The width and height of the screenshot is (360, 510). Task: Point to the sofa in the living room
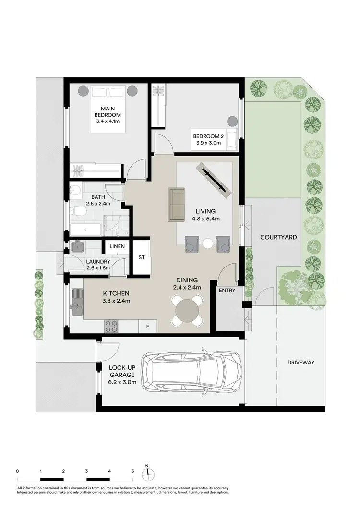pyautogui.click(x=177, y=205)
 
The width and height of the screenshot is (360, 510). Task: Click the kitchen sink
pyautogui.click(x=77, y=302)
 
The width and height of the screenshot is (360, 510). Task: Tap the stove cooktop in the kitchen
pyautogui.click(x=111, y=326)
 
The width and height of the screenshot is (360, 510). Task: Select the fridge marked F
pyautogui.click(x=147, y=327)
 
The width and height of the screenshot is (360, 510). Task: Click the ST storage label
pyautogui.click(x=142, y=257)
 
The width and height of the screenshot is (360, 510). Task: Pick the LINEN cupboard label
pyautogui.click(x=117, y=246)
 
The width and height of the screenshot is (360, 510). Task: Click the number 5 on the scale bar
pyautogui.click(x=132, y=471)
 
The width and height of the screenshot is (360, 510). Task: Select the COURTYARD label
pyautogui.click(x=278, y=237)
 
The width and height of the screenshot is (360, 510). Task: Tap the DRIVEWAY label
pyautogui.click(x=301, y=362)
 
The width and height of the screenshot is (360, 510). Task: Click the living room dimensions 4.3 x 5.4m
pyautogui.click(x=205, y=219)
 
